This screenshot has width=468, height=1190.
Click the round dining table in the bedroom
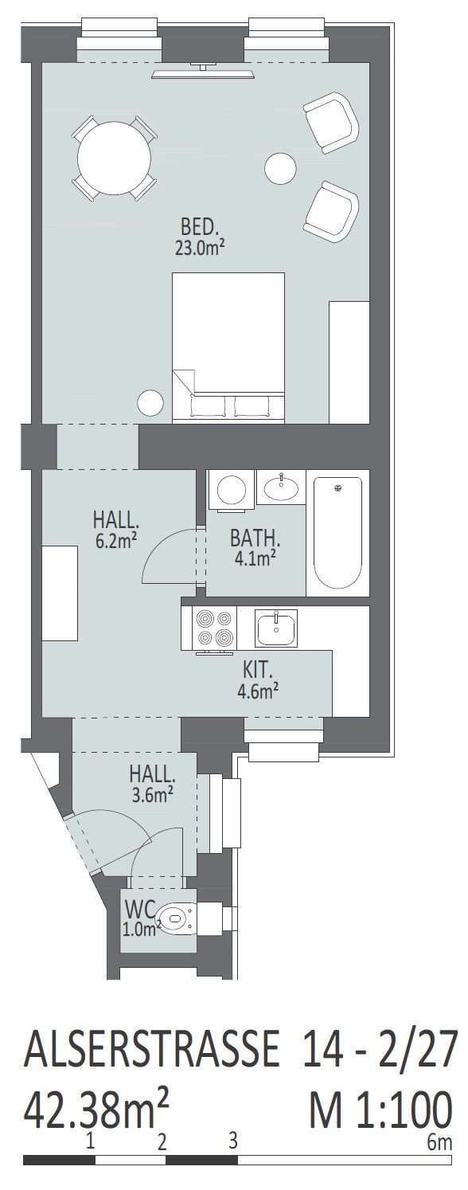coord(114,159)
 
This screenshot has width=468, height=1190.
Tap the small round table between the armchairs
coord(280,168)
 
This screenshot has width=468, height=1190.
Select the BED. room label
coord(199,227)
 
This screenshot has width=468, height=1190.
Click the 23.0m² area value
coord(197,248)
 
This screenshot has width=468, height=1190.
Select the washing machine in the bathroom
coord(232,490)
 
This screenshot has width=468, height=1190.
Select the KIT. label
coord(258,670)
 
